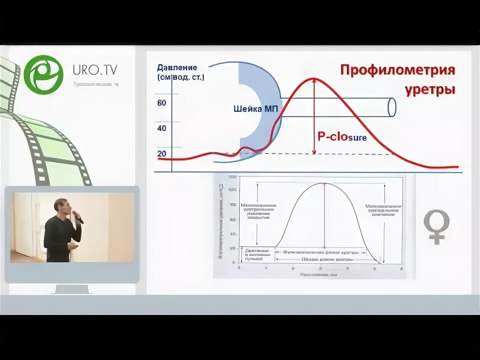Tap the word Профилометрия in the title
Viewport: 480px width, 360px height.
397,70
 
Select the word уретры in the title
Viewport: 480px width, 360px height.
431,90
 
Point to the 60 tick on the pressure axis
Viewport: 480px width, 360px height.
161,103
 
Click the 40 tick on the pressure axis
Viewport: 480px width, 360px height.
161,128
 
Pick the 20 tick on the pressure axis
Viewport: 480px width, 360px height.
161,153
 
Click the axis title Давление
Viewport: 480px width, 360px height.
176,67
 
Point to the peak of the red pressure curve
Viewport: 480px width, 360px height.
313,79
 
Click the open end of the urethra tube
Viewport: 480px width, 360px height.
391,107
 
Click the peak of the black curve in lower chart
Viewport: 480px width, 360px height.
324,183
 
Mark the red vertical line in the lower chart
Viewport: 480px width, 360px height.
324,215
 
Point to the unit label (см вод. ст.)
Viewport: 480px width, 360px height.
180,77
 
